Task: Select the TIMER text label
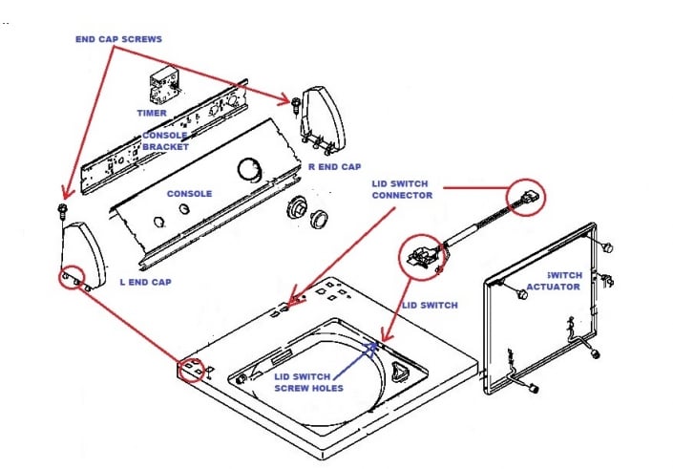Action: click(153, 113)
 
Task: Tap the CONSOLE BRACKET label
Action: click(165, 141)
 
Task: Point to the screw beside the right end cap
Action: click(296, 100)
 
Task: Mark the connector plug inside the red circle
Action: click(529, 199)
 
